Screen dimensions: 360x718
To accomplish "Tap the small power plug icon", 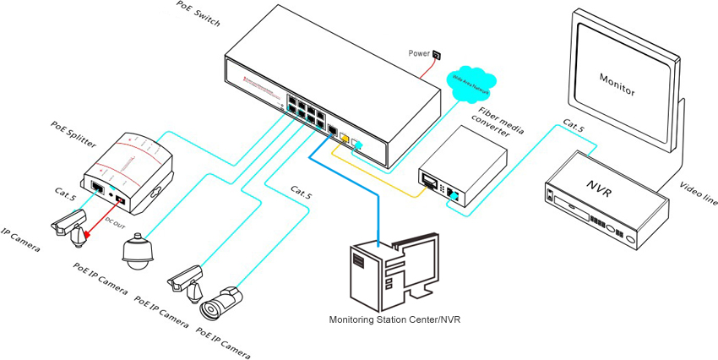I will pyautogui.click(x=437, y=56).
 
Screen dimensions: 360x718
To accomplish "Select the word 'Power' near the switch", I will pyautogui.click(x=419, y=52).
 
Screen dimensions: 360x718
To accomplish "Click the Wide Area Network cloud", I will pyautogui.click(x=472, y=81).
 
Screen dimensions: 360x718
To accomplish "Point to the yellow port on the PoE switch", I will pyautogui.click(x=344, y=141).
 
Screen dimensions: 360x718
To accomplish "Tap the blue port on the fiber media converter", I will pyautogui.click(x=454, y=197).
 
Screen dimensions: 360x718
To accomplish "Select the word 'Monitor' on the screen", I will pyautogui.click(x=617, y=86).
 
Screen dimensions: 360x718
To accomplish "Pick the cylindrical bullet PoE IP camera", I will pyautogui.click(x=221, y=303).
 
